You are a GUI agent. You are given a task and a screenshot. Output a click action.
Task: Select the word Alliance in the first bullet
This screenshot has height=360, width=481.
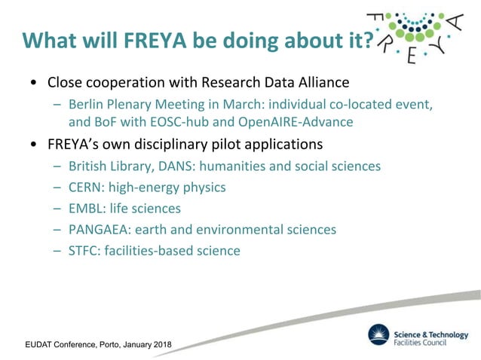pyautogui.click(x=322, y=81)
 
